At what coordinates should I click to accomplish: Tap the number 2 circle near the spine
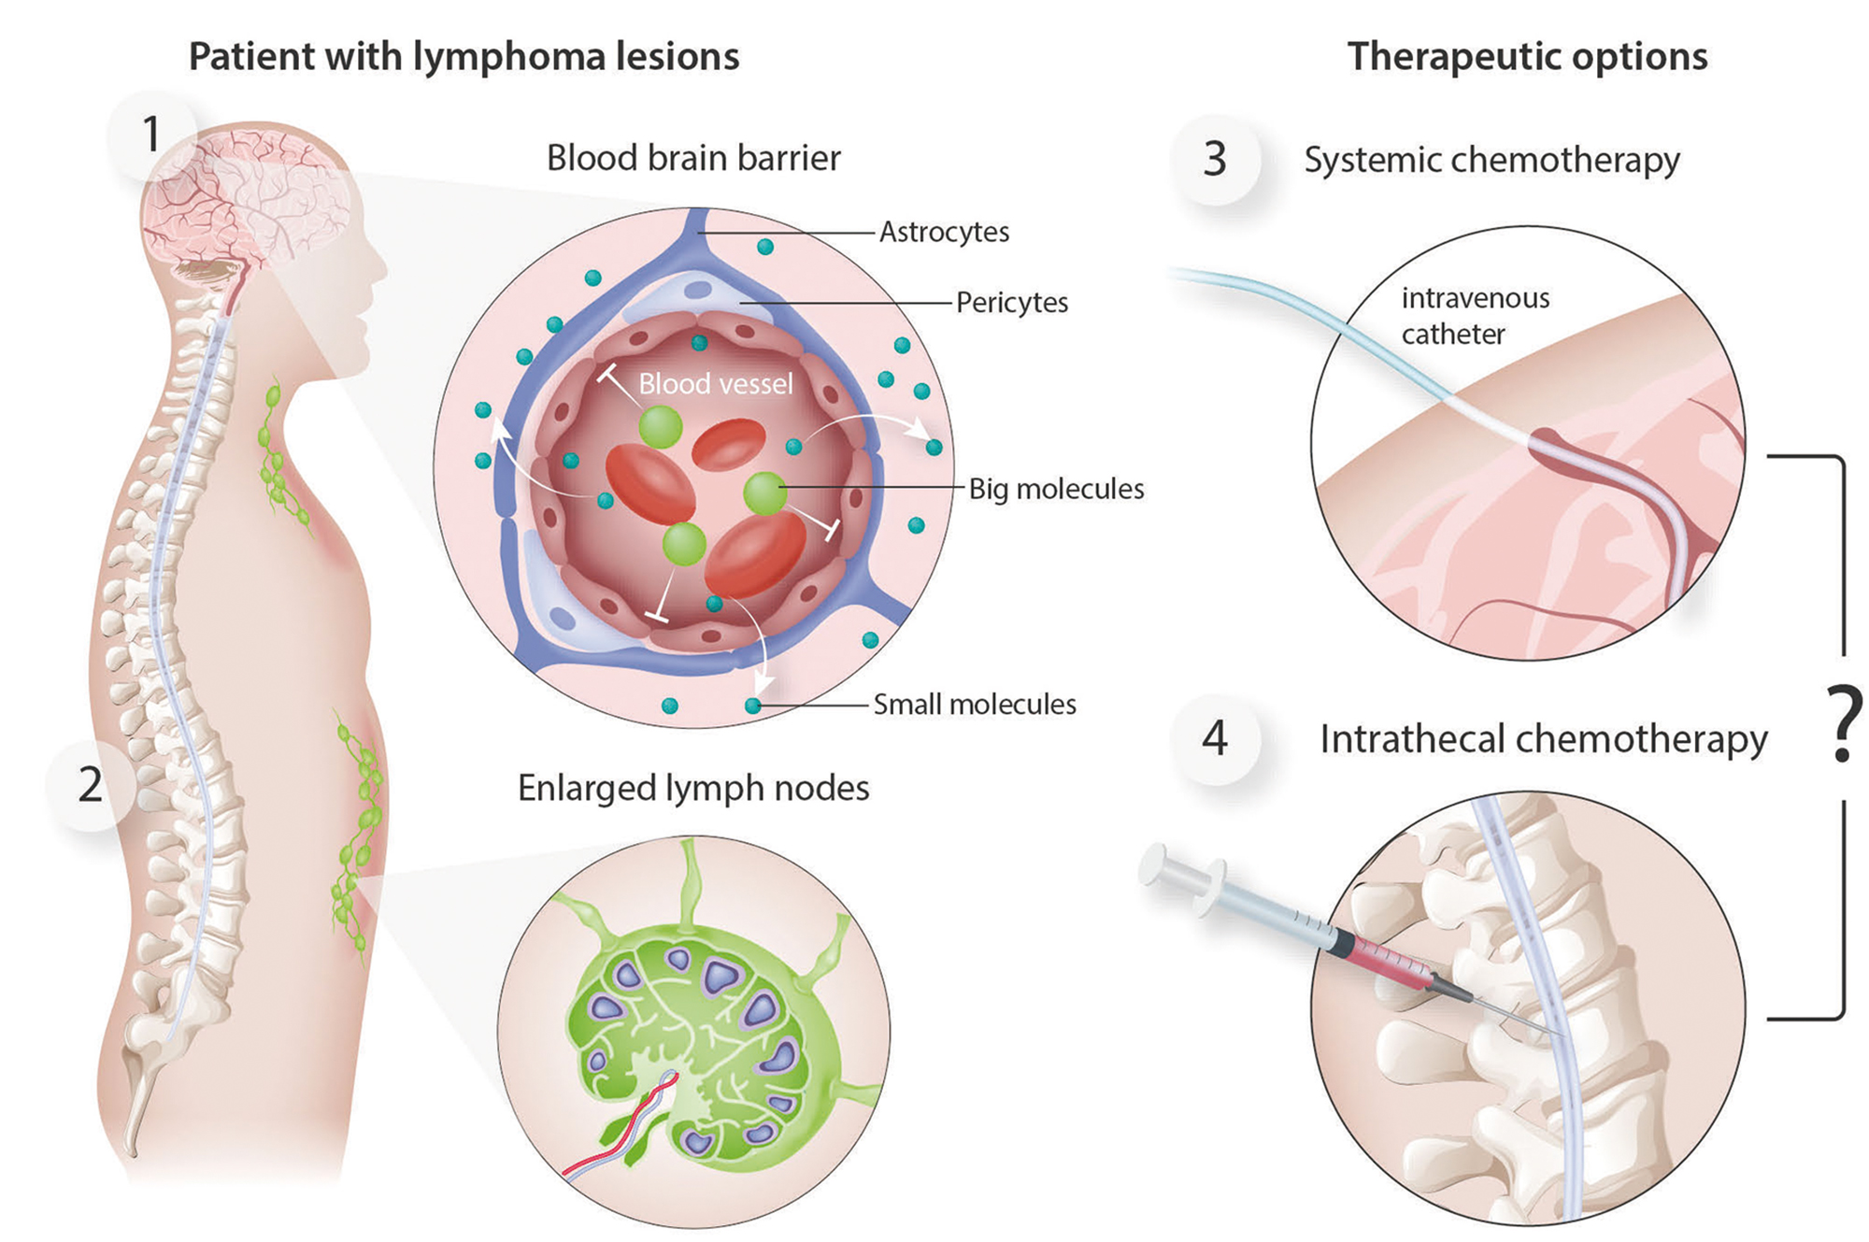pos(91,784)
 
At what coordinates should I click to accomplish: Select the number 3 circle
pos(1214,159)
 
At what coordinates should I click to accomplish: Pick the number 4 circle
pos(1214,738)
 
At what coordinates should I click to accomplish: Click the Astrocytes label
pos(944,232)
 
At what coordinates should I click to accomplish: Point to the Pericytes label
pos(1011,303)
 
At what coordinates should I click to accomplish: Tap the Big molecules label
pos(1056,489)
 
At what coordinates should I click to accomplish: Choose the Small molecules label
pos(974,705)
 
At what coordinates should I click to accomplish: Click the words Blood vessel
pos(716,384)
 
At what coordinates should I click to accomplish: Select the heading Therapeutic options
pos(1527,57)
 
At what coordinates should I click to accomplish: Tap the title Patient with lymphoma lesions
pos(464,57)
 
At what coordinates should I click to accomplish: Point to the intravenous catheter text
pos(1474,316)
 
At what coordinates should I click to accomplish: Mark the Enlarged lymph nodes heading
pos(693,789)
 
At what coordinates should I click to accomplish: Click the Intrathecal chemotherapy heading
pos(1543,739)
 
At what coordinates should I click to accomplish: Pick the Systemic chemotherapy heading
pos(1491,160)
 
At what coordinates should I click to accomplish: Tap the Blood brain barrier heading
pos(693,158)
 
